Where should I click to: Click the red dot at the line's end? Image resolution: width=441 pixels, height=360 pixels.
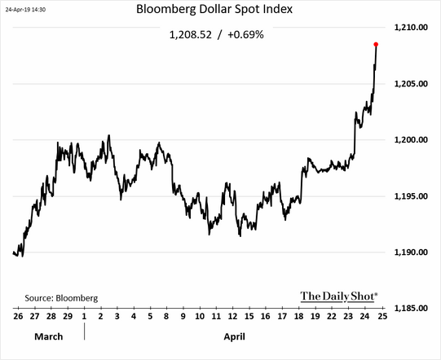click(376, 45)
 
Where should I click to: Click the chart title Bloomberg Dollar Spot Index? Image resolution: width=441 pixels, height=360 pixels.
click(214, 9)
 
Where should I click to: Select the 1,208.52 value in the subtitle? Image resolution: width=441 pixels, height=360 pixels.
click(191, 35)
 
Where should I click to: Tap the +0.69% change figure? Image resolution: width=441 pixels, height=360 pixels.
click(245, 35)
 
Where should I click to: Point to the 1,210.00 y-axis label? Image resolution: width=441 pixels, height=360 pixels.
click(411, 27)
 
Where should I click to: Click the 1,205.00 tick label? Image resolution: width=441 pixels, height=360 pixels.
click(411, 84)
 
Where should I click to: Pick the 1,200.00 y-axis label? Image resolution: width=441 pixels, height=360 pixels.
click(411, 139)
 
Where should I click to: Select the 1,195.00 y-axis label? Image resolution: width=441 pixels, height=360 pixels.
click(411, 196)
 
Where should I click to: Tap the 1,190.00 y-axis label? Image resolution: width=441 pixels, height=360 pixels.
click(411, 252)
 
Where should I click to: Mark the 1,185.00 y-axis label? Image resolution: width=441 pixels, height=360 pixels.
click(411, 309)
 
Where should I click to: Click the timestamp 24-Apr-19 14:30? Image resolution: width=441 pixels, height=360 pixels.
click(25, 10)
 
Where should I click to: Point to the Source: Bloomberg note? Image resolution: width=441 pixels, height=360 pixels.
click(61, 298)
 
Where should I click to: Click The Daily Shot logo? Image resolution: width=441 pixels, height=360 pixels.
click(339, 296)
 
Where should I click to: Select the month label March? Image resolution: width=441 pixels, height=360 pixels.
click(49, 336)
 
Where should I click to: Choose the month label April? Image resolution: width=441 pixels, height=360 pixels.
click(235, 336)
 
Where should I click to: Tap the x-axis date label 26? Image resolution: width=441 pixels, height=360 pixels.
click(18, 316)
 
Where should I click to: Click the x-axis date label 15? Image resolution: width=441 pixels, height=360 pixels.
click(249, 316)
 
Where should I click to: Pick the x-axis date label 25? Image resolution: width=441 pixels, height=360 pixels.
click(382, 316)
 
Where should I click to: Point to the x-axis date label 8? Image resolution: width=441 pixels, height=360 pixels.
click(166, 316)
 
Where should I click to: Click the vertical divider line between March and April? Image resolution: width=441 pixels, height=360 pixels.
click(85, 331)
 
